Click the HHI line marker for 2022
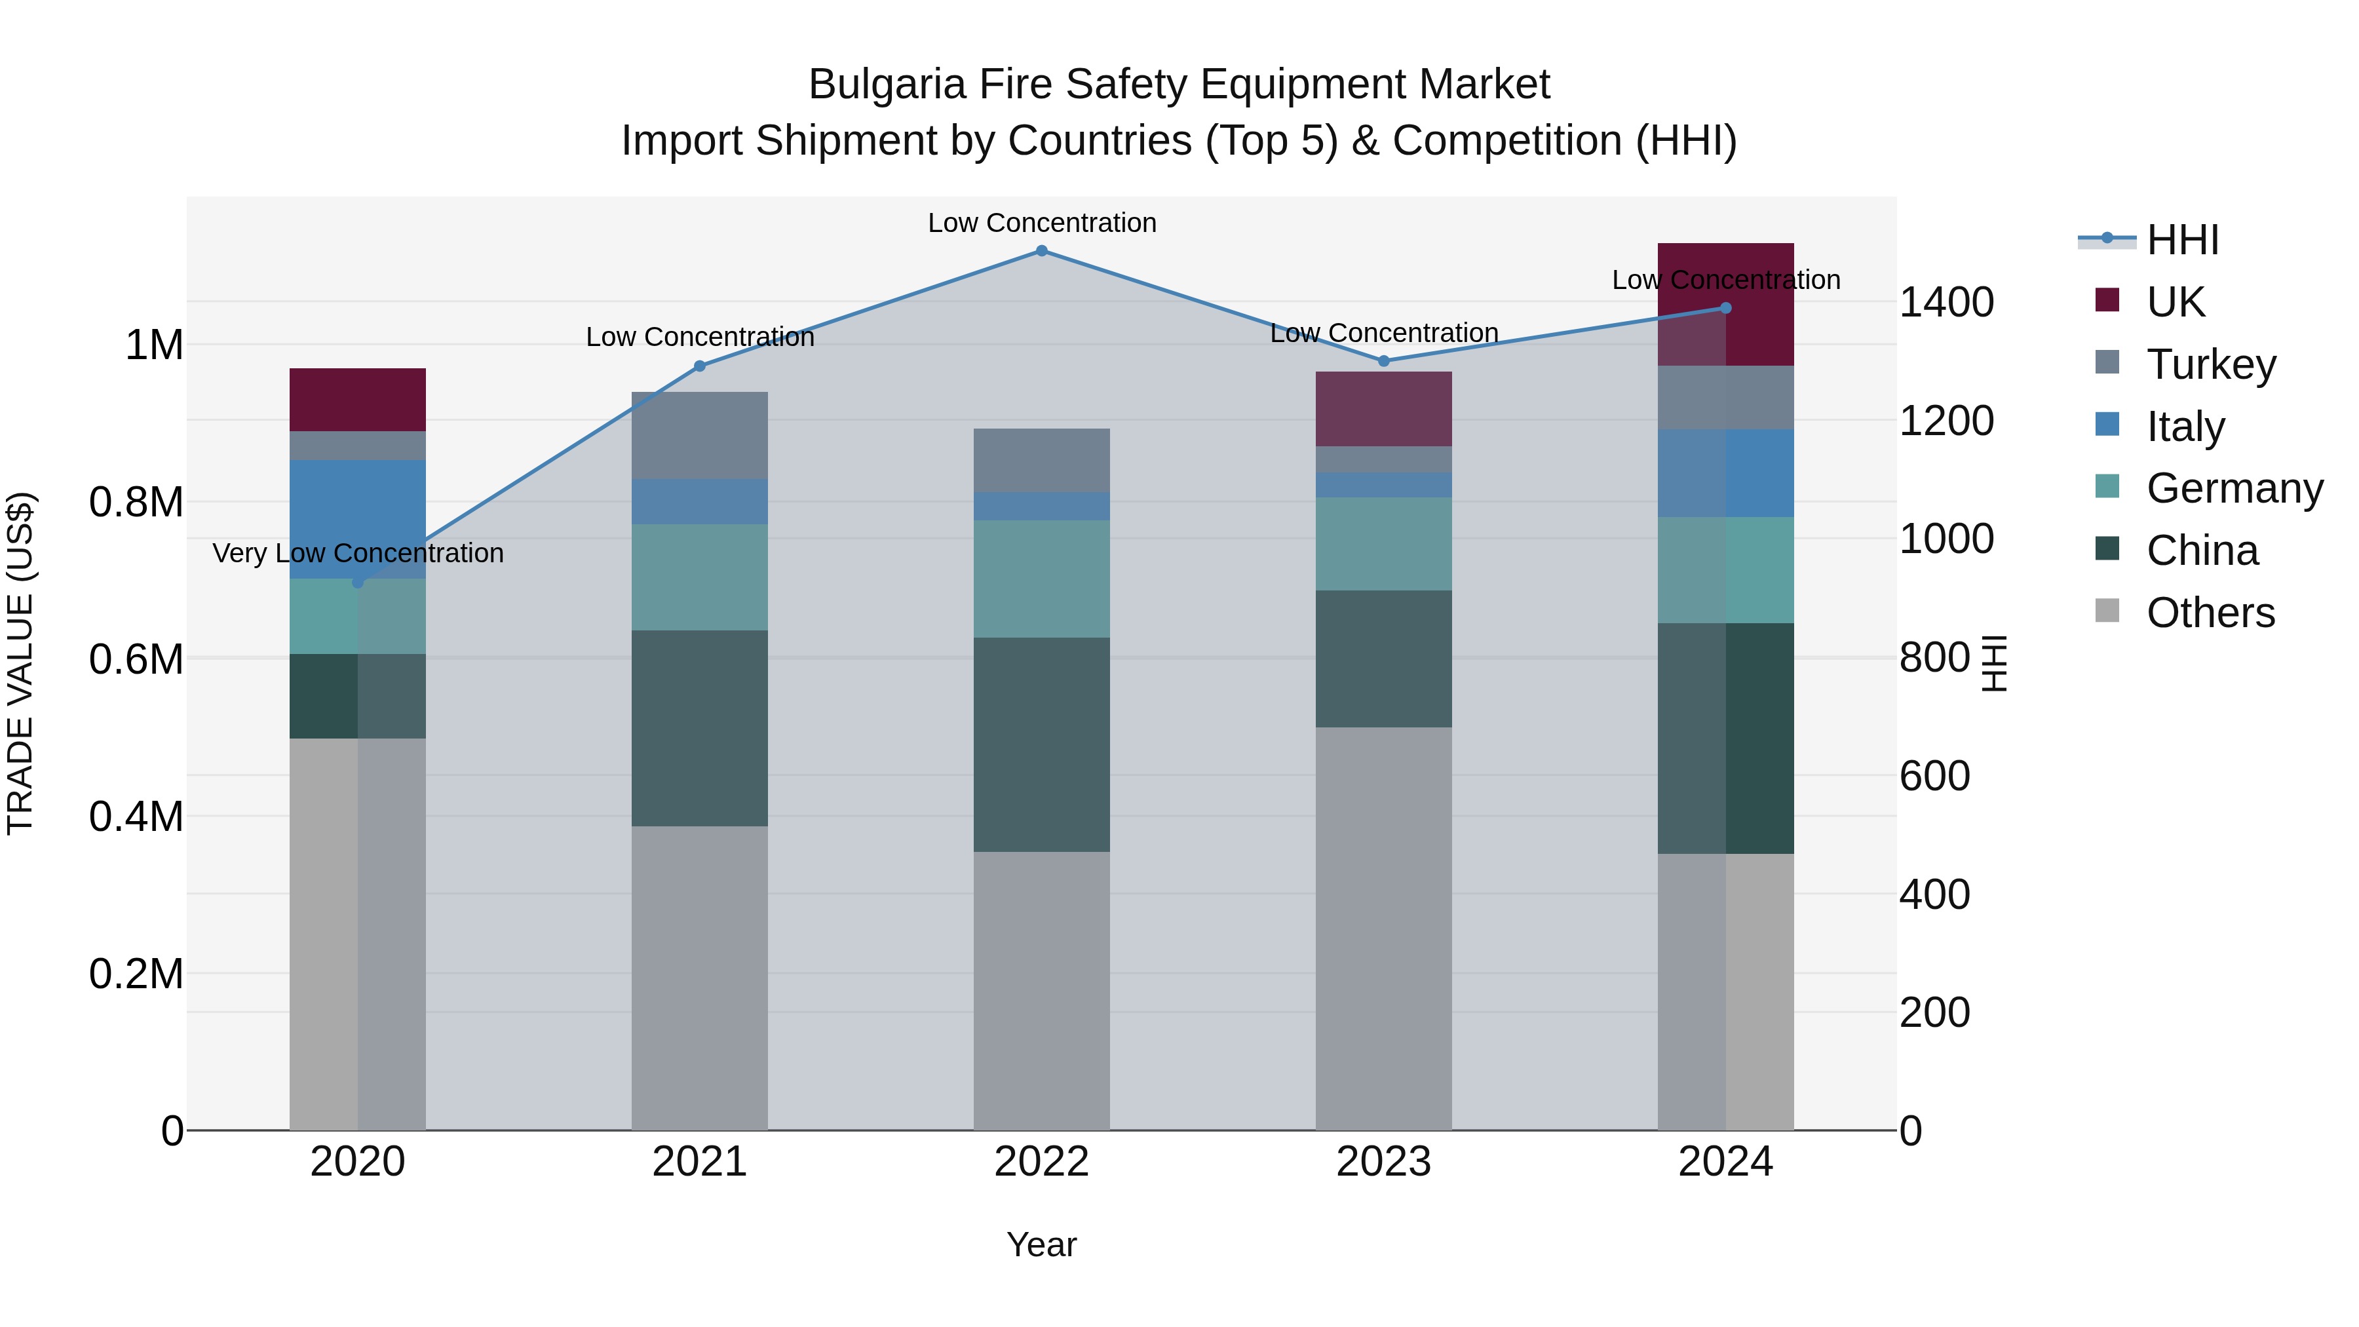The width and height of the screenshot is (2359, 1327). tap(1041, 251)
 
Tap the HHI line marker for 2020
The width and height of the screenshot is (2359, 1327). tap(358, 583)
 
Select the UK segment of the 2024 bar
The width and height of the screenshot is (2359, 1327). tap(1725, 304)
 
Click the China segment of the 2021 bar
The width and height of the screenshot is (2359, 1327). tap(700, 728)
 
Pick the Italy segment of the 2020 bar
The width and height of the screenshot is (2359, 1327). tap(358, 518)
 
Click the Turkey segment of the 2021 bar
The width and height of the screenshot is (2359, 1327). tap(700, 435)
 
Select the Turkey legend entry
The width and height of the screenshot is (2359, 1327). tap(2210, 364)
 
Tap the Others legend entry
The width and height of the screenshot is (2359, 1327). tap(2209, 613)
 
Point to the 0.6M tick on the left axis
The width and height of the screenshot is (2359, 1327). tap(136, 659)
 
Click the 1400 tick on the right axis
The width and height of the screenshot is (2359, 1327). tap(1946, 303)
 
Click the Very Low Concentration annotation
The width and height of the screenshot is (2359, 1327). tap(358, 553)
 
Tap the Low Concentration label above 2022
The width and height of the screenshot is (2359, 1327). tap(1041, 223)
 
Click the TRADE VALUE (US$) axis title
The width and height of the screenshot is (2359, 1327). tap(20, 663)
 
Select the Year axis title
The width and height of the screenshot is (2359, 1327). tap(1041, 1244)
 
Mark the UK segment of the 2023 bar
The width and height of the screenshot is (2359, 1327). tap(1384, 410)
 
